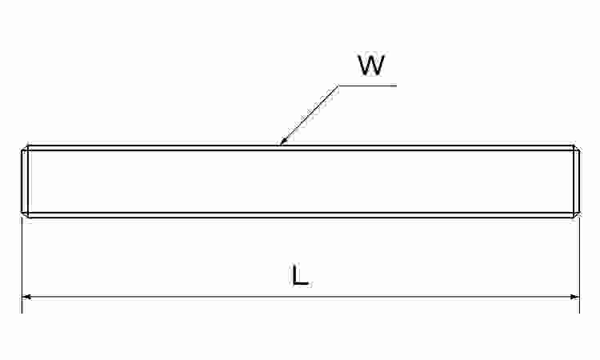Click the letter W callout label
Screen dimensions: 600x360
(371, 66)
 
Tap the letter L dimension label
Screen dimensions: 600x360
(300, 274)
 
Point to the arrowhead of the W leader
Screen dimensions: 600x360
(282, 142)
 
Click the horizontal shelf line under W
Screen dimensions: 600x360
(367, 86)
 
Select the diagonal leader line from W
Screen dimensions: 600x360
(309, 115)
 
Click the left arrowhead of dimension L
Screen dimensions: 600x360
(26, 297)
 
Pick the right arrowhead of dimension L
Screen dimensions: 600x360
(574, 297)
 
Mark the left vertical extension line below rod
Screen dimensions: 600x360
(22, 264)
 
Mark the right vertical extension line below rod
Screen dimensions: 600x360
(580, 264)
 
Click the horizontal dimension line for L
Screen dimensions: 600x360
(300, 297)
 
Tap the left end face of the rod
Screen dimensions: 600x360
(22, 182)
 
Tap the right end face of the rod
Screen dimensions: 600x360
(579, 182)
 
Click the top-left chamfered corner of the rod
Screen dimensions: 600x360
(25, 148)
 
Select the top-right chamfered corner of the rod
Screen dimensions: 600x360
(576, 148)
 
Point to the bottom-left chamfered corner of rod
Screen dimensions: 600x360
(25, 215)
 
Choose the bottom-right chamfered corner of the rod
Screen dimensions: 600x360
(576, 215)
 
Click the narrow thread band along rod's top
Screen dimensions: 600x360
(300, 148)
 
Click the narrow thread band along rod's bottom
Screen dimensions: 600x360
(300, 215)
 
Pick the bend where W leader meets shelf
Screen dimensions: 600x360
(338, 86)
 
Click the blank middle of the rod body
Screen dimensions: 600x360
(300, 182)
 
